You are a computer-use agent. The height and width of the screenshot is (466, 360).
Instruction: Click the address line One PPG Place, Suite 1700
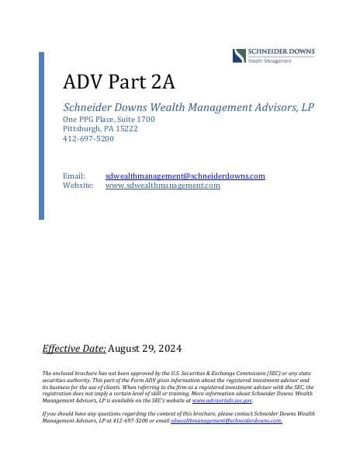coord(109,120)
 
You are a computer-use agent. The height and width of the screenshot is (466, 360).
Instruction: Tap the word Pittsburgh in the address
coord(80,129)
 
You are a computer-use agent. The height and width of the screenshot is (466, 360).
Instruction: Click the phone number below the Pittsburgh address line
coord(88,138)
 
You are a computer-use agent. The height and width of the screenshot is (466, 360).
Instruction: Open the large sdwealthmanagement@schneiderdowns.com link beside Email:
coord(185,176)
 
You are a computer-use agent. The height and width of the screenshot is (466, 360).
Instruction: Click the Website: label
coord(78,186)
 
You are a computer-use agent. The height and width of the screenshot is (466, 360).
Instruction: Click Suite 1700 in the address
coord(137,120)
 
